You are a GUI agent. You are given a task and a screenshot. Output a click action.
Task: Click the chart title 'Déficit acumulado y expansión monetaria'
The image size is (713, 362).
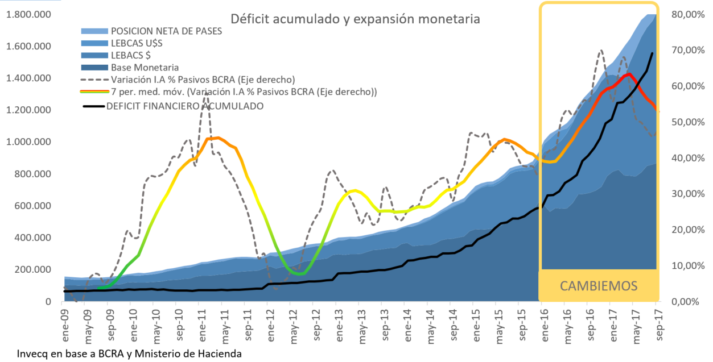(355, 19)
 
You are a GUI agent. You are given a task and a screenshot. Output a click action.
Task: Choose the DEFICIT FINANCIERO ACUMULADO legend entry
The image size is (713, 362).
(185, 106)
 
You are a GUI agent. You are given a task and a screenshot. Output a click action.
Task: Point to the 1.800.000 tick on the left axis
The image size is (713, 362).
(30, 14)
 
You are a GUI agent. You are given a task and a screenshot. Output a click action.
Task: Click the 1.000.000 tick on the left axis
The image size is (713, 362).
(30, 142)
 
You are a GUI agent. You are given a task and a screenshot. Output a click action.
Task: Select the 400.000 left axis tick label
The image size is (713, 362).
(34, 238)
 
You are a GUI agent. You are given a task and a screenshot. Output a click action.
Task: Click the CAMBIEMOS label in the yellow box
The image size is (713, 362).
(599, 286)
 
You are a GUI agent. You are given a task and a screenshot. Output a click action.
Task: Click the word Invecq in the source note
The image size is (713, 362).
(32, 353)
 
